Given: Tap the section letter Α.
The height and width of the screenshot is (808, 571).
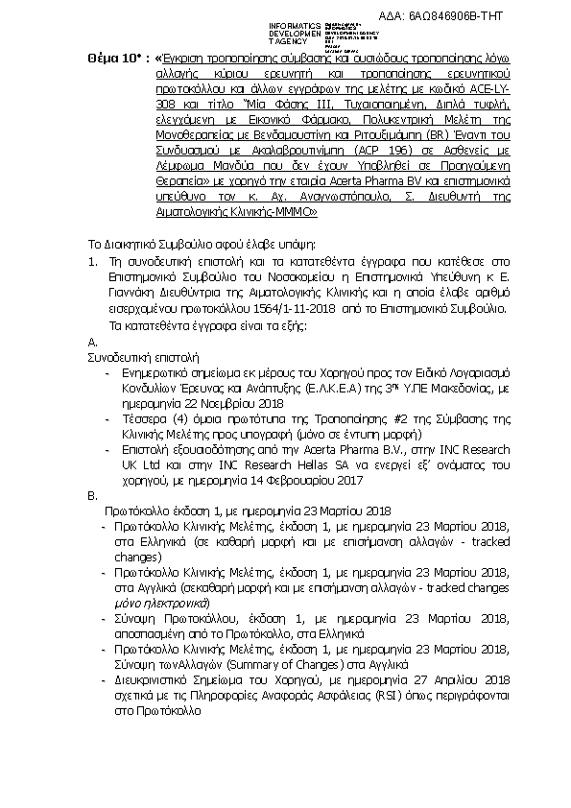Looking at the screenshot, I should coord(92,342).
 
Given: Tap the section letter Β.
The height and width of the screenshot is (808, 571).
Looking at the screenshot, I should coord(92,497).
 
